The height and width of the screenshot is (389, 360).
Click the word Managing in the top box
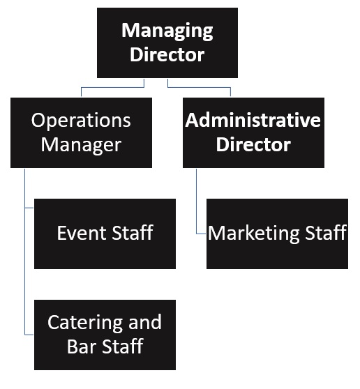(x=167, y=31)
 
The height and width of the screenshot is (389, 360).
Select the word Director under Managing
(x=167, y=55)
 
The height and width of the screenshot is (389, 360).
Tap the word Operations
(x=81, y=120)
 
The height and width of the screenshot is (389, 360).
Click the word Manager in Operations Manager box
(x=81, y=144)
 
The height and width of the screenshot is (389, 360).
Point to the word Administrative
(x=253, y=120)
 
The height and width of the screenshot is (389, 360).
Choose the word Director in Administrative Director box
(x=253, y=144)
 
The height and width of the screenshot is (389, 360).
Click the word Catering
(x=77, y=322)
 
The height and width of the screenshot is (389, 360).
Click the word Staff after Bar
(x=122, y=346)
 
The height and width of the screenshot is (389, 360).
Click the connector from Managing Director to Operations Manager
(x=112, y=88)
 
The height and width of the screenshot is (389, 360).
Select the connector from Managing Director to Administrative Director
(x=202, y=88)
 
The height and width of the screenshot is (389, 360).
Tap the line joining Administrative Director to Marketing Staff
(x=196, y=202)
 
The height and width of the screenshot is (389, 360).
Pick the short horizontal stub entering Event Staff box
(x=29, y=208)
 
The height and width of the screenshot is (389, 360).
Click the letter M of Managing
(x=130, y=31)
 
